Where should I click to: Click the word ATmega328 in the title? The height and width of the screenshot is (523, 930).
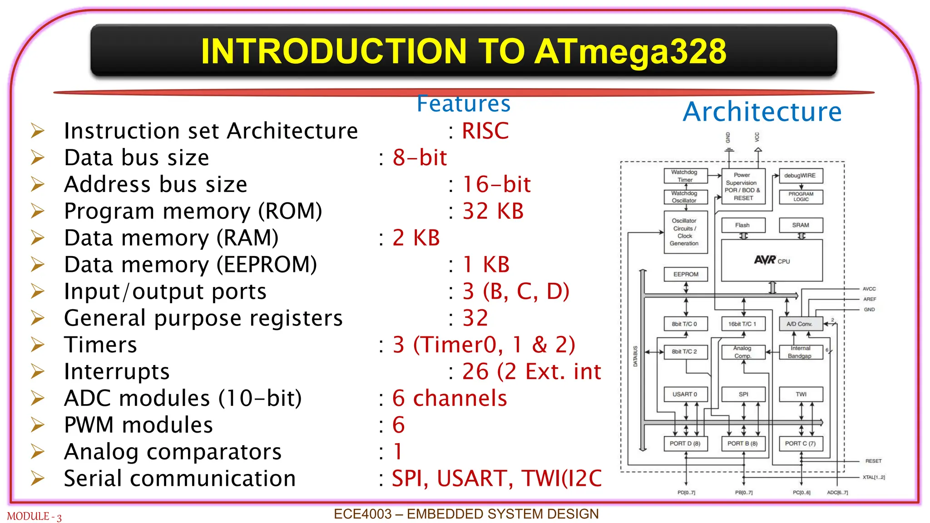[630, 52]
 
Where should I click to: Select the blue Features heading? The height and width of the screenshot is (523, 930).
[464, 104]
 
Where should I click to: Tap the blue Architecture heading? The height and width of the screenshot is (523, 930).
[762, 112]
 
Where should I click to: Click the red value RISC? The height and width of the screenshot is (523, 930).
[485, 131]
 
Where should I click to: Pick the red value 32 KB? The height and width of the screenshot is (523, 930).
[493, 211]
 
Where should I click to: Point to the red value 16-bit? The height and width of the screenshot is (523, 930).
[496, 184]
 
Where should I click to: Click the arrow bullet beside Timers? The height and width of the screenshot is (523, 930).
[38, 345]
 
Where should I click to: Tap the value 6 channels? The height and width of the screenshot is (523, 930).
[449, 398]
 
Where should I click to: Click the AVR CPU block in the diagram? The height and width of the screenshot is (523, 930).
[772, 260]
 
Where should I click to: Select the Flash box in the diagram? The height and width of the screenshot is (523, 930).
[742, 225]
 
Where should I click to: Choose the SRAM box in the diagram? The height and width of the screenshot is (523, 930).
[801, 225]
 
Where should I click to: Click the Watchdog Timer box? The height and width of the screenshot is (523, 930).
[685, 176]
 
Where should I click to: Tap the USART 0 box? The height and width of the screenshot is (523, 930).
[685, 394]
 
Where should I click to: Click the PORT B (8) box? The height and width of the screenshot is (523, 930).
[742, 444]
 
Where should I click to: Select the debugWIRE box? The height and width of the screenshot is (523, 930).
[800, 176]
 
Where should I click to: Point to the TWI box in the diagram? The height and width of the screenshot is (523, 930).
[801, 394]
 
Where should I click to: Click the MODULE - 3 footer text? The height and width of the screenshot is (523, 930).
[34, 517]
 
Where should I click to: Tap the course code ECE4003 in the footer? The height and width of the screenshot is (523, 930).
[362, 514]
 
